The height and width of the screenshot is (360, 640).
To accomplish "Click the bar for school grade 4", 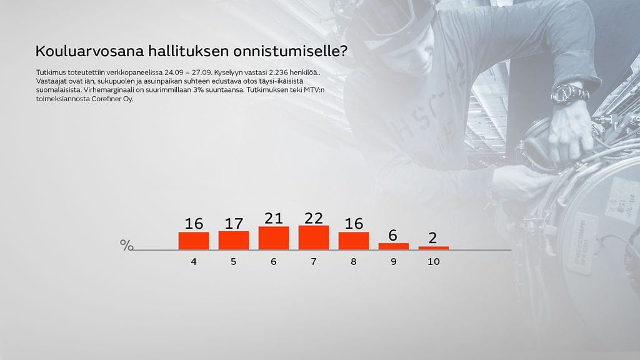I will (194, 241).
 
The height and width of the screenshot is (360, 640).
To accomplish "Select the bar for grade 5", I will (234, 241).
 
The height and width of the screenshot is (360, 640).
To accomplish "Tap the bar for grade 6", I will (274, 238).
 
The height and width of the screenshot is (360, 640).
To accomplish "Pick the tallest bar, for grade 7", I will (314, 237).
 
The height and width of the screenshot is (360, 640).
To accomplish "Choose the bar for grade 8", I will (354, 241).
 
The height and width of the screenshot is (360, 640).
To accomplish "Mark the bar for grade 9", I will (394, 246).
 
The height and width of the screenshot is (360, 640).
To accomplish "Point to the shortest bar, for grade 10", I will (434, 248).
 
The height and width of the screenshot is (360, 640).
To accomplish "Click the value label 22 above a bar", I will (314, 218).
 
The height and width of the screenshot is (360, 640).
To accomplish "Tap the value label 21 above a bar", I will (274, 219).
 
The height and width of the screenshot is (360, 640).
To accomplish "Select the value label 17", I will (234, 224).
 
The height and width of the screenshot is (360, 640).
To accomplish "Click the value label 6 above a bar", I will (394, 235).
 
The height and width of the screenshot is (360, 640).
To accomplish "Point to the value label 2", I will (434, 239).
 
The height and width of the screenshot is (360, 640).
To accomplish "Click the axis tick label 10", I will (434, 261).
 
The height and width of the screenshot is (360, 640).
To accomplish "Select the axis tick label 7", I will (314, 261).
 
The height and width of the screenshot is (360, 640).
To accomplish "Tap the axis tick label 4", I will (194, 261).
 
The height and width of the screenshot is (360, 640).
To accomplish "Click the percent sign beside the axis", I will (126, 245).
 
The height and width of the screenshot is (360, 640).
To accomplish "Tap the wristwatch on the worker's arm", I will (569, 94).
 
